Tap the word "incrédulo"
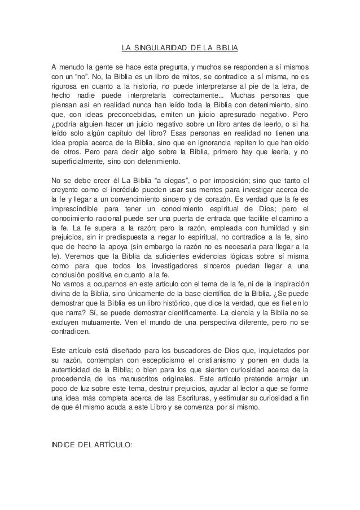pyautogui.click(x=152, y=191)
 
